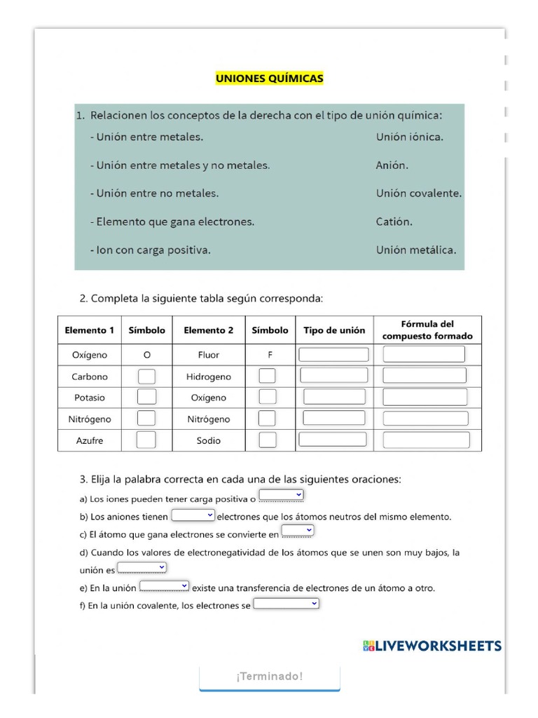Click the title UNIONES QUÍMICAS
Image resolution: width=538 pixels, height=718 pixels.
pos(269,79)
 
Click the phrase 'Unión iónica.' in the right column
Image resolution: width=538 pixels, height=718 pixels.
pos(409,137)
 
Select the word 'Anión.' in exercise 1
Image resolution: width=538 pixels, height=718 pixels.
pos(392,165)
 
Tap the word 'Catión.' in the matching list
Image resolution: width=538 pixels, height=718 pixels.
pos(394,222)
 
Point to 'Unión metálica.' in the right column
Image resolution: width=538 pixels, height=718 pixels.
pos(415,250)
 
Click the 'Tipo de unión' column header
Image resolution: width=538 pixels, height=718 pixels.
pos(334,330)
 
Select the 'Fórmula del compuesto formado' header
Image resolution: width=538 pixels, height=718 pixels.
pos(427,330)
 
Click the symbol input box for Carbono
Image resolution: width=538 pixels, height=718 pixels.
pos(146,377)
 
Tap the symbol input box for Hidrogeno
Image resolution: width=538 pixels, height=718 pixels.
pos(268,377)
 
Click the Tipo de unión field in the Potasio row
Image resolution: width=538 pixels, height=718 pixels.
pos(334,397)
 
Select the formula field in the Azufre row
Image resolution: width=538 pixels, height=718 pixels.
pos(426,440)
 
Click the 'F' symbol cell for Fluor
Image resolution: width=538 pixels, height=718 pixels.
pos(270,355)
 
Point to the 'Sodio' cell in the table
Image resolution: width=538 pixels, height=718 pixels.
pos(209,440)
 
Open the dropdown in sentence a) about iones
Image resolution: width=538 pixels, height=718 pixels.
pos(281,496)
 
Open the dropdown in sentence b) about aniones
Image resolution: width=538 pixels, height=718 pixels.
pos(193,515)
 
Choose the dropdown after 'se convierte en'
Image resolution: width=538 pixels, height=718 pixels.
pos(297,531)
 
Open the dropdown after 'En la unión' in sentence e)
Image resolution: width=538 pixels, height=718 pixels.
pos(165,585)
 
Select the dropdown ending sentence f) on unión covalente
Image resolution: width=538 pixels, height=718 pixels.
pos(286,603)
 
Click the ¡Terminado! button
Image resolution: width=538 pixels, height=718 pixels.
pos(270,677)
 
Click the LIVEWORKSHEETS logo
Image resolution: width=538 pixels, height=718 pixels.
pos(432,646)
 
